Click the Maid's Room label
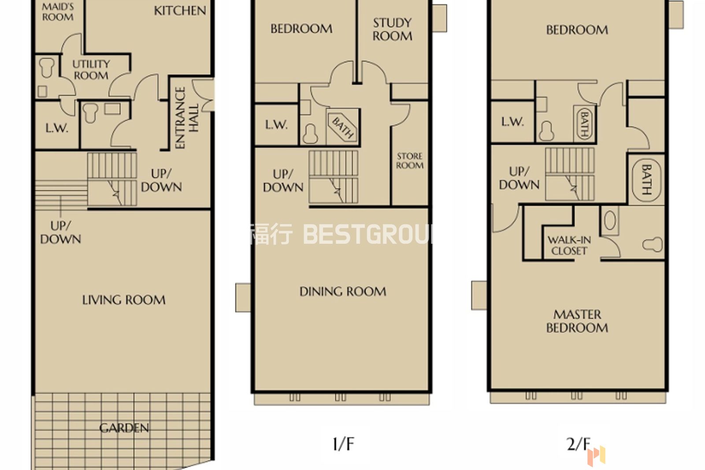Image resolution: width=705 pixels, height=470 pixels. (x=58, y=12)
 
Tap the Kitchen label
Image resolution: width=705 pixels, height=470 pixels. (x=180, y=11)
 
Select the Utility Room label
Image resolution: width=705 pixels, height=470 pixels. (x=91, y=70)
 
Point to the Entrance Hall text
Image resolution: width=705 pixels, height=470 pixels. (x=186, y=118)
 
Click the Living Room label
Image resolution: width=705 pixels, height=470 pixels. (x=124, y=300)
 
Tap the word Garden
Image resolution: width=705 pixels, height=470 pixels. (x=124, y=428)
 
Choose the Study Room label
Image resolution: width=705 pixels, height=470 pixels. (x=393, y=29)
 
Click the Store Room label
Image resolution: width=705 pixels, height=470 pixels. (x=409, y=161)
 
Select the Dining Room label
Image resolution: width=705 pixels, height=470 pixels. (x=343, y=291)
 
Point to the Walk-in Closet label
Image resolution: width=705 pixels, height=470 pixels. (x=569, y=245)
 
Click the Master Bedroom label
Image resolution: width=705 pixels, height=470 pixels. (x=577, y=321)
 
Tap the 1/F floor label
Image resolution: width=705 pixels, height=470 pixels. (x=343, y=444)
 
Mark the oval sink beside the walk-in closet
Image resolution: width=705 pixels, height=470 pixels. (x=610, y=220)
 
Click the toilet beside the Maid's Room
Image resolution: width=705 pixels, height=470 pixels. (x=47, y=67)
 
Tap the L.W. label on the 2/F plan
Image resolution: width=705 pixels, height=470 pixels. (x=512, y=122)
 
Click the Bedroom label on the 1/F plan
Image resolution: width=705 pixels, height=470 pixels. (x=301, y=29)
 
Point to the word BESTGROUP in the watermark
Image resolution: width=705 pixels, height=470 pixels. (x=368, y=234)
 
